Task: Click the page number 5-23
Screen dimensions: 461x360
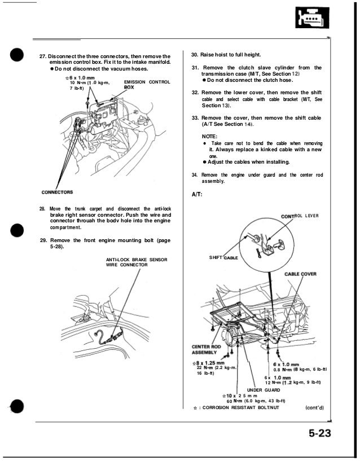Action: point(319,434)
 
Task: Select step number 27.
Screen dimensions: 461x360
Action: point(42,57)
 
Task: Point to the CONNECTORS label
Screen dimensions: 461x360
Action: point(58,192)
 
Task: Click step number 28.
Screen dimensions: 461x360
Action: point(42,209)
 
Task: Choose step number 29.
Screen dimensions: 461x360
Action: point(43,240)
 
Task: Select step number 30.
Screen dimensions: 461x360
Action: point(195,54)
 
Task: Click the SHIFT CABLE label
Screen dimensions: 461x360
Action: point(223,257)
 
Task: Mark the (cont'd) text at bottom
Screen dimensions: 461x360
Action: point(315,407)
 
